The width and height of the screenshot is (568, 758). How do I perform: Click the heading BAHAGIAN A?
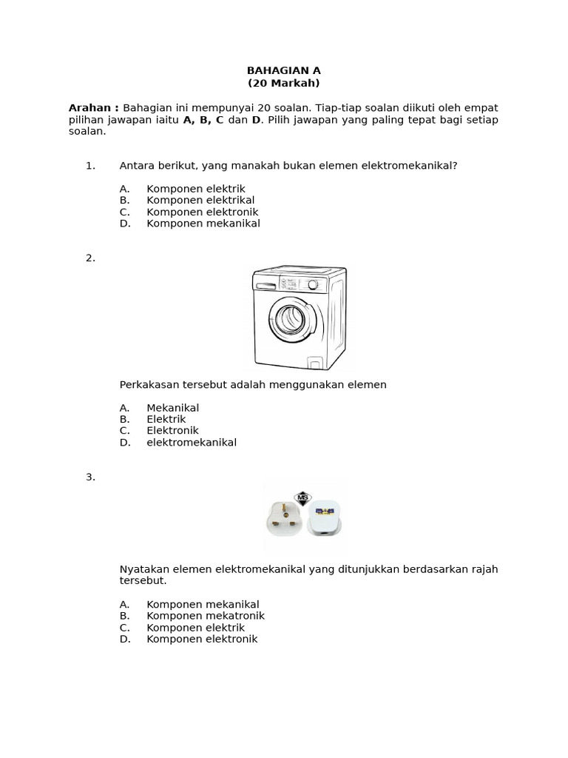(283, 71)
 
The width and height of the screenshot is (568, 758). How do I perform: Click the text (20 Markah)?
(283, 83)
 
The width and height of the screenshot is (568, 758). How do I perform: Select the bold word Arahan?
(93, 108)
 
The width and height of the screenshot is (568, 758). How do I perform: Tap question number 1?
(91, 165)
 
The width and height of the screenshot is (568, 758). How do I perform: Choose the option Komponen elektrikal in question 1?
(200, 200)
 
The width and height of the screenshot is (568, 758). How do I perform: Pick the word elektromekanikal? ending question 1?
(409, 165)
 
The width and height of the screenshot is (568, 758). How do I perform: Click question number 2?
(91, 258)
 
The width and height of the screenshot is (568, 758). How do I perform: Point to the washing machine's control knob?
(314, 284)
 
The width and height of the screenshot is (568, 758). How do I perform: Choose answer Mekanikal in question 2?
(172, 407)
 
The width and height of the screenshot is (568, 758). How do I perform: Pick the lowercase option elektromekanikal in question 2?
(192, 442)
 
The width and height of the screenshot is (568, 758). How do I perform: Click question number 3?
(91, 477)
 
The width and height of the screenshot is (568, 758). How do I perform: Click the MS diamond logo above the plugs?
(302, 497)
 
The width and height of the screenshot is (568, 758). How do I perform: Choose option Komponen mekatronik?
(205, 616)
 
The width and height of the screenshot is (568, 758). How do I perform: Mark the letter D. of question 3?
(124, 639)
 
